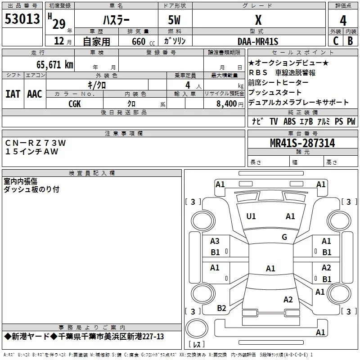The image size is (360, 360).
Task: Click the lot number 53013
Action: (22, 19)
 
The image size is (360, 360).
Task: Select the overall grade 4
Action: (343, 21)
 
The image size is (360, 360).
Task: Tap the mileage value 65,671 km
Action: (55, 65)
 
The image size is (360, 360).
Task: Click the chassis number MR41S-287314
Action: (302, 143)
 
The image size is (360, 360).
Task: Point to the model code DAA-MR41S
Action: (258, 41)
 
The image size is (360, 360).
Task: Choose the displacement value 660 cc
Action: (143, 42)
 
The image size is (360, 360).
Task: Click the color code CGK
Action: (75, 104)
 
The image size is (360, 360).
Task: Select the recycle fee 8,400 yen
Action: (230, 104)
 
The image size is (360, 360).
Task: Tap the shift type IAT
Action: (13, 94)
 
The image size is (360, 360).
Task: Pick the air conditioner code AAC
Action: (35, 94)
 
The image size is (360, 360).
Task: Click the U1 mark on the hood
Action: (251, 216)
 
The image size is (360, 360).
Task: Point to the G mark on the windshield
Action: (284, 237)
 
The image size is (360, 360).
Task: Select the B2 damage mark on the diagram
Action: (221, 308)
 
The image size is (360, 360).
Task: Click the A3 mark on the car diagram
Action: (215, 241)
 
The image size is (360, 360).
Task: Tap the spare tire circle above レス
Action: (197, 328)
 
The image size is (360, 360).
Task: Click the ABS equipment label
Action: (289, 121)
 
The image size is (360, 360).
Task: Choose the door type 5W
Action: (174, 20)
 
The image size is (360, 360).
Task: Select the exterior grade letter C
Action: (336, 41)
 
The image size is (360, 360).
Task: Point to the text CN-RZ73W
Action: (36, 143)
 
